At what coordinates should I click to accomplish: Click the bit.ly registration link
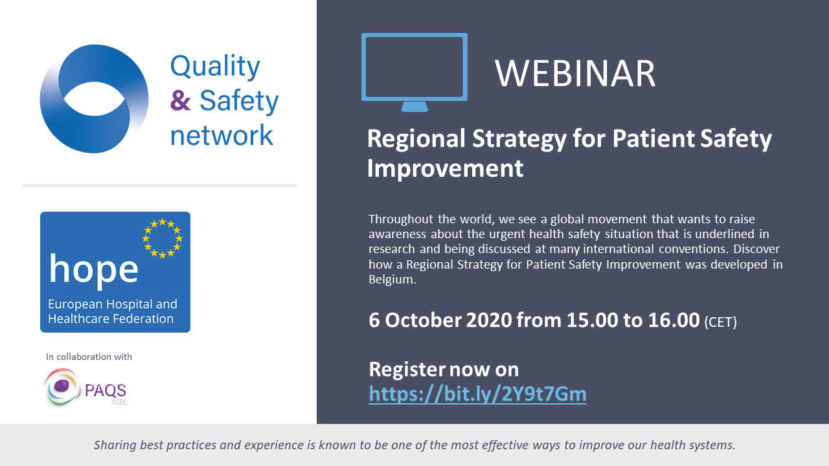pyautogui.click(x=477, y=394)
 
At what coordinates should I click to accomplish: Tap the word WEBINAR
pyautogui.click(x=575, y=73)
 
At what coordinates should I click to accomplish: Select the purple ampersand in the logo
pyautogui.click(x=180, y=100)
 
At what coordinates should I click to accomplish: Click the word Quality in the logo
pyautogui.click(x=215, y=67)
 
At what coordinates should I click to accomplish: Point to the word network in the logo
pyautogui.click(x=221, y=135)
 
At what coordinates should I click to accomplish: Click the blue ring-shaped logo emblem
pyautogui.click(x=94, y=99)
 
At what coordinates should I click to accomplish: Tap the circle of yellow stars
pyautogui.click(x=163, y=238)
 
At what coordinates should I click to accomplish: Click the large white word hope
pyautogui.click(x=94, y=269)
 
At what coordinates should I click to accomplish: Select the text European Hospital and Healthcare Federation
pyautogui.click(x=113, y=311)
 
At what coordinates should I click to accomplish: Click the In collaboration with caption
pyautogui.click(x=89, y=357)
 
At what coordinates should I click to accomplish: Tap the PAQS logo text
pyautogui.click(x=106, y=390)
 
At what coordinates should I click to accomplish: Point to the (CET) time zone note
pyautogui.click(x=721, y=322)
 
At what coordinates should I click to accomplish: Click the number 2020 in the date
pyautogui.click(x=489, y=320)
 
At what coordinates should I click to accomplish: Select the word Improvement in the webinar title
pyautogui.click(x=445, y=169)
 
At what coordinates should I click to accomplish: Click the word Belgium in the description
pyautogui.click(x=392, y=279)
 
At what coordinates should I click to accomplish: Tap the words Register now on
pyautogui.click(x=444, y=369)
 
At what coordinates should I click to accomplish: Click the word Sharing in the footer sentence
pyautogui.click(x=115, y=445)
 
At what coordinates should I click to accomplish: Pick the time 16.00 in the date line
pyautogui.click(x=674, y=320)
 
